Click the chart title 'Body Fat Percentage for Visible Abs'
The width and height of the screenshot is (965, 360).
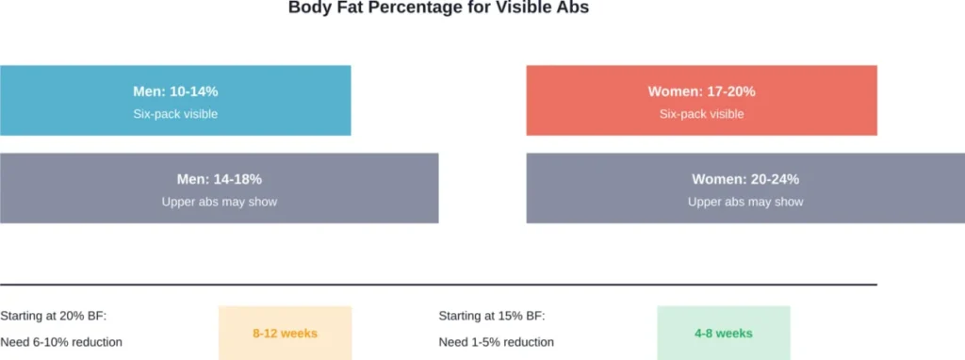coord(438,8)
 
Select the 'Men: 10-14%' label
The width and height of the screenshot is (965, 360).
coord(175,91)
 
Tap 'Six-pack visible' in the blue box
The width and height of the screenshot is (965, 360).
coord(175,114)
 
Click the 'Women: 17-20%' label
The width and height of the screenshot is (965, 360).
coord(701,91)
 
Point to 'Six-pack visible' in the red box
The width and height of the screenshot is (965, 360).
coord(701,114)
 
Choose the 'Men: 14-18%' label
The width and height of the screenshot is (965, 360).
coord(219,179)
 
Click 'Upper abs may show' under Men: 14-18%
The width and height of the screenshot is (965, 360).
coord(219,202)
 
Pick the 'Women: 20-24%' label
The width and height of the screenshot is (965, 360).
coord(745,179)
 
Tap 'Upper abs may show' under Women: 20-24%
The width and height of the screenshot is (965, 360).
coord(745,202)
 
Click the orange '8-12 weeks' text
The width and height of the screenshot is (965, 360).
coord(285,334)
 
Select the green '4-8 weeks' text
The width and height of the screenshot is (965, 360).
coord(723,334)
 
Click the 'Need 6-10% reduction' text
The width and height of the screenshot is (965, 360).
coord(61,342)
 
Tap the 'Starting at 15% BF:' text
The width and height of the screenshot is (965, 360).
coord(492,317)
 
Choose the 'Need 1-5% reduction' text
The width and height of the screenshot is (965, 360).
coord(497,342)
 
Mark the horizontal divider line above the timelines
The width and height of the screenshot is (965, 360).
coord(438,284)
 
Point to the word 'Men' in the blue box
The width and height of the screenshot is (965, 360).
coord(149,91)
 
